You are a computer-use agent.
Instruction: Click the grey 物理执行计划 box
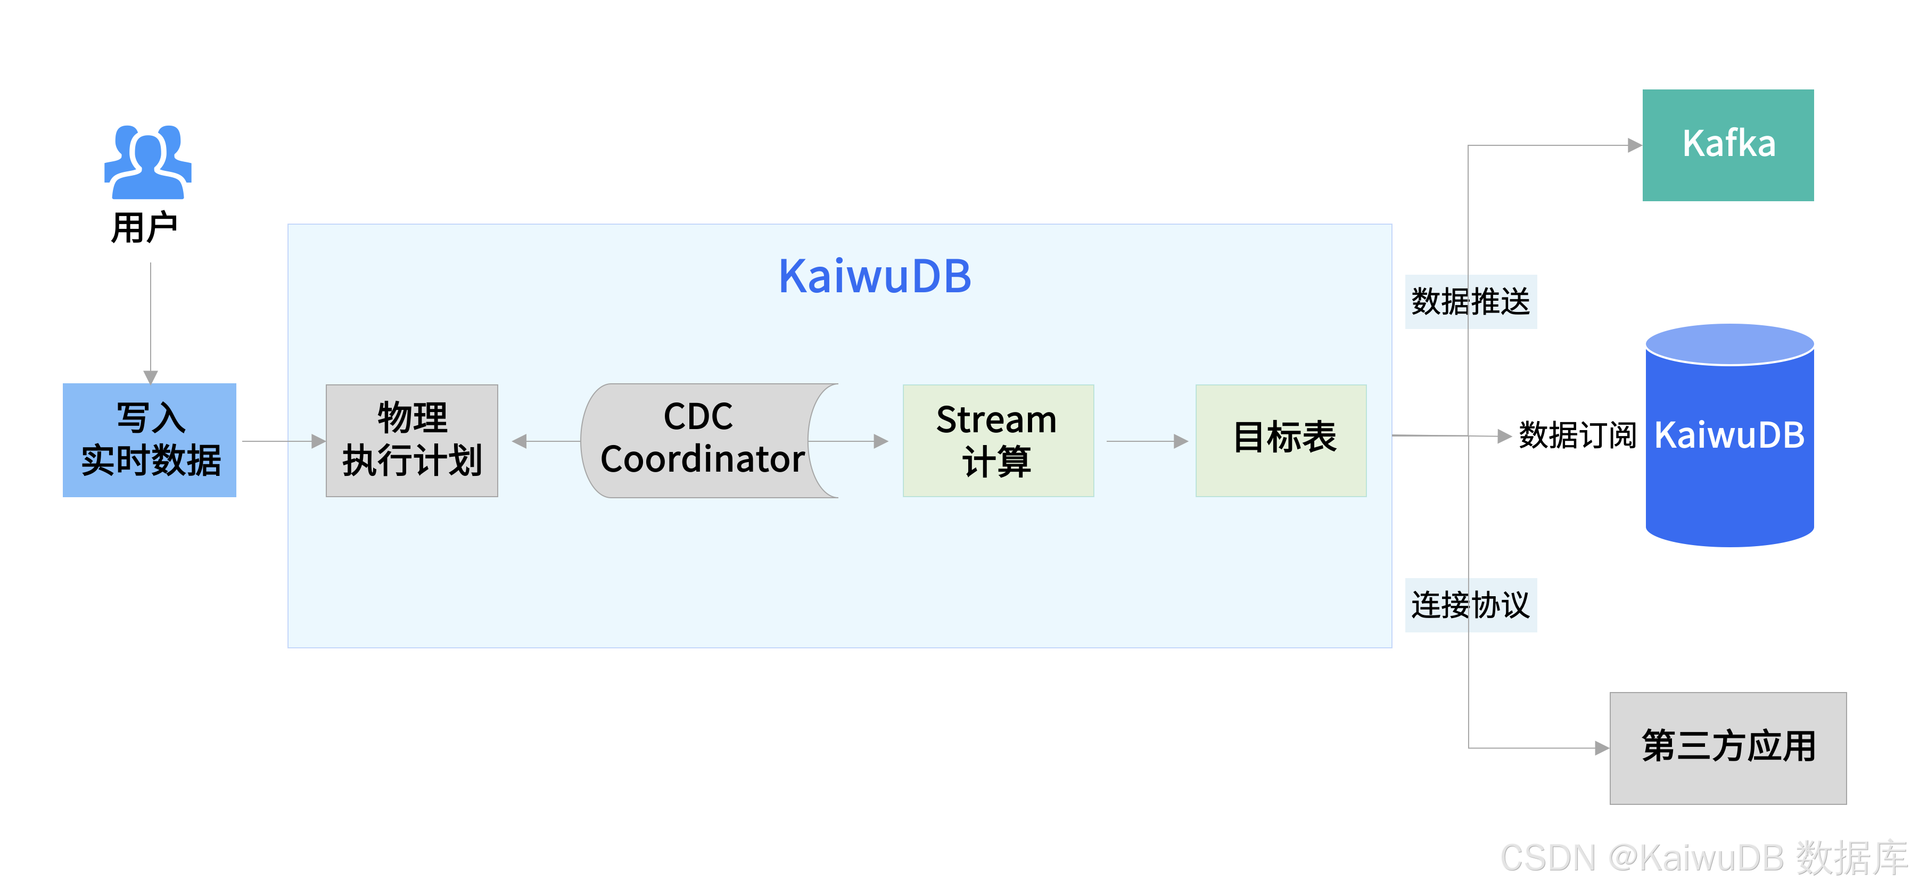411,440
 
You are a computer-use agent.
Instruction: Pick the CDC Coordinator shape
701,440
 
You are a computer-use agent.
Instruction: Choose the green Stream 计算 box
998,440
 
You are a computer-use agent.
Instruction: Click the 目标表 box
1281,440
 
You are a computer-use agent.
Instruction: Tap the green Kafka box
1728,145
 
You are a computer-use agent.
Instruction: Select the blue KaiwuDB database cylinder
1729,445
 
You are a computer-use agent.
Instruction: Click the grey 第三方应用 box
1728,747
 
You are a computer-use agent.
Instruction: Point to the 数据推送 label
1470,301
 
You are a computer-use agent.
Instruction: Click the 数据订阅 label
1577,435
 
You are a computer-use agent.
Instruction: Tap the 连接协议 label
1470,605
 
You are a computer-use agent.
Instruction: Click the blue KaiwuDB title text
875,276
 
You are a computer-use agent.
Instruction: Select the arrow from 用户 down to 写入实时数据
151,323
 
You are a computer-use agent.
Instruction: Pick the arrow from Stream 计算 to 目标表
1146,441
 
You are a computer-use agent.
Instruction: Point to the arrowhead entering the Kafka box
1634,145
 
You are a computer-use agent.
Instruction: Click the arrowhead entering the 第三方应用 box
1602,748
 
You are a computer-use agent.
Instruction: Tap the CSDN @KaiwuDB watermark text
1702,859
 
